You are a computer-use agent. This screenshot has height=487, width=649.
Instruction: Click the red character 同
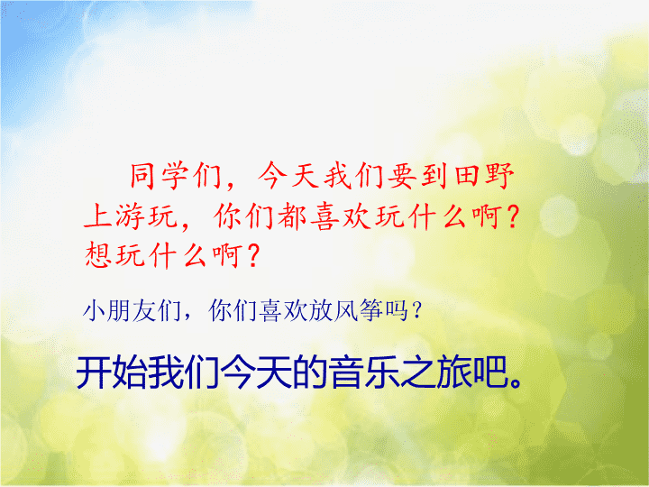[x=142, y=176]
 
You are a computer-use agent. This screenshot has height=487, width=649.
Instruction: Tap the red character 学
[x=175, y=176]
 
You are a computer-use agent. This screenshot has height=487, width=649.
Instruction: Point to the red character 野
[x=500, y=176]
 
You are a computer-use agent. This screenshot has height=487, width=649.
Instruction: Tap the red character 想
[x=98, y=255]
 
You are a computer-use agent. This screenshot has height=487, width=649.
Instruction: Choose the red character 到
[x=435, y=176]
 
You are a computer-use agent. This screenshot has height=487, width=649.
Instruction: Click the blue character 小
[x=95, y=310]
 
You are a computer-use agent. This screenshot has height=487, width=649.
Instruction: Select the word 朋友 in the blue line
[x=132, y=310]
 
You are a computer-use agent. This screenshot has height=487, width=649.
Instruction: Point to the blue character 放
[x=321, y=310]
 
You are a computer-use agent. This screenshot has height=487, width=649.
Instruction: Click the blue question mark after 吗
[x=417, y=310]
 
